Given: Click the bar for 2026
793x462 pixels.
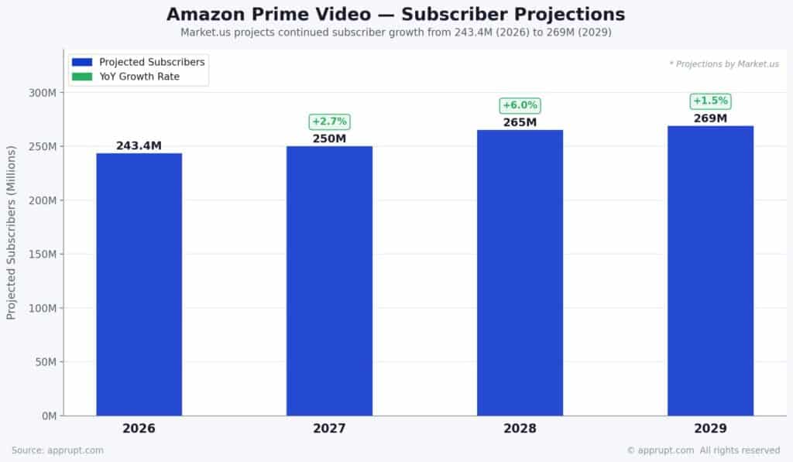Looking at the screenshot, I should [x=139, y=284].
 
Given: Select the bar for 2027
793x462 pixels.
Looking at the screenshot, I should [x=329, y=280].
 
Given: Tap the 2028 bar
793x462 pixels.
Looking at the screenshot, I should [x=520, y=272].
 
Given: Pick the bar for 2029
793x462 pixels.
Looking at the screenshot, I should [x=710, y=270].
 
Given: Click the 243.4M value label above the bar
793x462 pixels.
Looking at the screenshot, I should [x=139, y=145].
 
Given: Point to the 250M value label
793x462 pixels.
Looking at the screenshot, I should [x=329, y=139].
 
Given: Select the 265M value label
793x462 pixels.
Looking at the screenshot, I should [x=520, y=122].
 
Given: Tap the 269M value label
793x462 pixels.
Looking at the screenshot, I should [x=710, y=118].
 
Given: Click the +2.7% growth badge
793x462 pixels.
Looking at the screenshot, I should [x=329, y=121].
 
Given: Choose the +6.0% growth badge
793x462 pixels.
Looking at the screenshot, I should [x=520, y=105].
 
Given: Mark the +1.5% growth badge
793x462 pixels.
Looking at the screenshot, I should [x=710, y=101].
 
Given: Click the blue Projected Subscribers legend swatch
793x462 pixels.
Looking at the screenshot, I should [x=82, y=62].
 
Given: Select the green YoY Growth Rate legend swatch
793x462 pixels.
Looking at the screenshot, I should [x=82, y=77].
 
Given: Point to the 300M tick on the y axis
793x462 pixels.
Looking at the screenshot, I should [x=43, y=93].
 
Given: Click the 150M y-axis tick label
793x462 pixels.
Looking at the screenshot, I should [x=43, y=255].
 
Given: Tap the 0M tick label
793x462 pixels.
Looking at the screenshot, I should [x=48, y=416].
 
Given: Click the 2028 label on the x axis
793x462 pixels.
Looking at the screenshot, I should [x=520, y=429].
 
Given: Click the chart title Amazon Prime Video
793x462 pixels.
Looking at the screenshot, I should [x=396, y=14].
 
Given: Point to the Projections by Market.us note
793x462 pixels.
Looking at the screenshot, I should [x=724, y=64].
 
